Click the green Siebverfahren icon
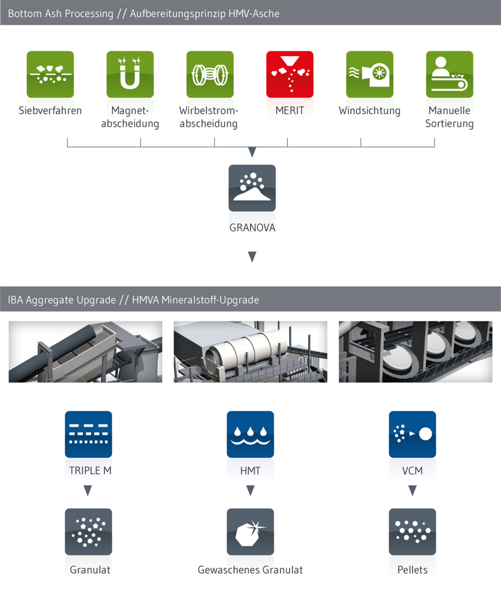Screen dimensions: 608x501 coord(50,74)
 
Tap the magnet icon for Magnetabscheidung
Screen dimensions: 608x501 coord(130,74)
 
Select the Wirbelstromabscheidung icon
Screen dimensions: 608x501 coord(210,74)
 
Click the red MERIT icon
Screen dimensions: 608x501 coord(290,74)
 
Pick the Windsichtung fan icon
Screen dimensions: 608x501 coord(370,74)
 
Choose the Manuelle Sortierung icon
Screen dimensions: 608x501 coord(449,74)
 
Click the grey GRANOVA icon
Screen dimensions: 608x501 coord(252,188)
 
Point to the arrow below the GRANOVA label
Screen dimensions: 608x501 coord(252,257)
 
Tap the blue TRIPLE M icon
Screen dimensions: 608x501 coord(88,434)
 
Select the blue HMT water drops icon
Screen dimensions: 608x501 coord(250,434)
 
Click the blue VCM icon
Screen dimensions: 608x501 coord(413,434)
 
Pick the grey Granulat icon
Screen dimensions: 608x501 coord(88,531)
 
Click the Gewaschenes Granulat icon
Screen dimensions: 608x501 coord(250,531)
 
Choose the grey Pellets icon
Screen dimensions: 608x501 coord(413,531)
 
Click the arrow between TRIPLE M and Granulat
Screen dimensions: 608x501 coord(88,491)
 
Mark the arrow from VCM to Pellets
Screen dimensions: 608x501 coord(413,491)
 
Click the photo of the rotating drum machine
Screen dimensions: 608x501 coord(250,352)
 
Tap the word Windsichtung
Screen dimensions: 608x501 coord(369,110)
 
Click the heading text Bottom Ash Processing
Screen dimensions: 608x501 coord(61,14)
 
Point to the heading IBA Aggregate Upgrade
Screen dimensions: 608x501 coord(62,300)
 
